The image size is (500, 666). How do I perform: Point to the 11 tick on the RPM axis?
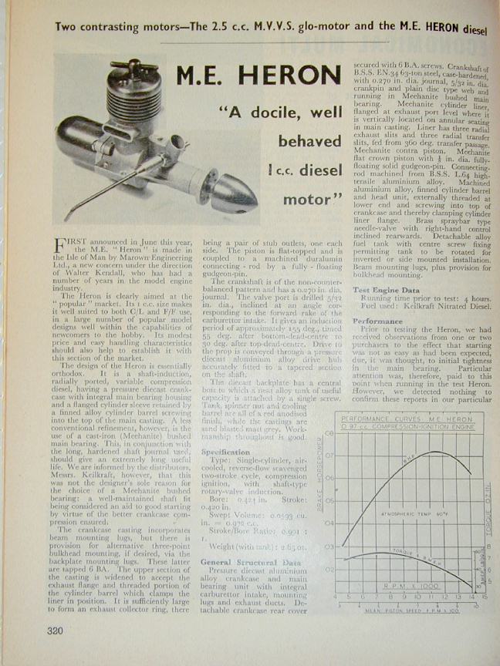pyautogui.click(x=434, y=597)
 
